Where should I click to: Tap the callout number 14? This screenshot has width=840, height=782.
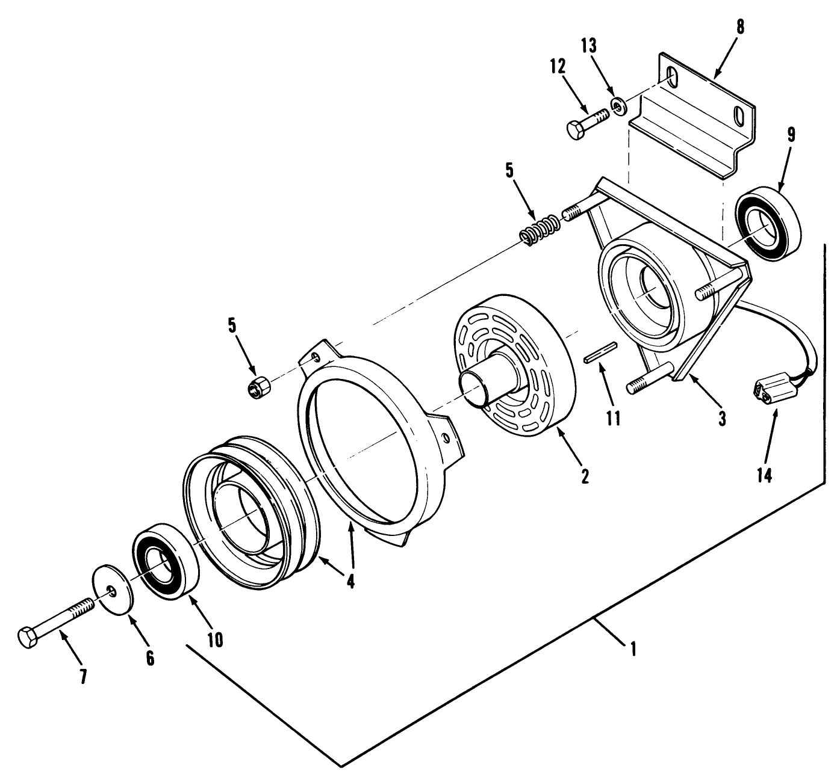(764, 475)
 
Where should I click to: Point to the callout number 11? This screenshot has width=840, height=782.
(613, 418)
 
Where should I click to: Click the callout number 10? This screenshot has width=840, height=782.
(215, 640)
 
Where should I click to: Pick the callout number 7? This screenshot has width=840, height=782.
(84, 676)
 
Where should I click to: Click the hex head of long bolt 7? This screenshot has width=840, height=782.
(28, 637)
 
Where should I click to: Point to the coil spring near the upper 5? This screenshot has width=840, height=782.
(540, 230)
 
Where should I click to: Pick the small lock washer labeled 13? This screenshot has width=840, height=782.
(618, 106)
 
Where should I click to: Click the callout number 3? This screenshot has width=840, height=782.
(722, 418)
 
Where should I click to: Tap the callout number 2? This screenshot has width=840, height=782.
(583, 476)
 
